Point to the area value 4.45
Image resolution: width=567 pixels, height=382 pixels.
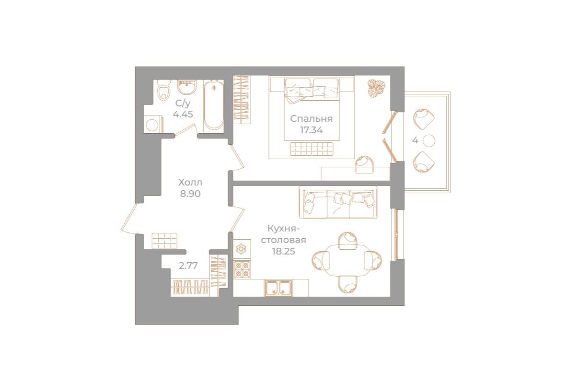pyautogui.click(x=183, y=115)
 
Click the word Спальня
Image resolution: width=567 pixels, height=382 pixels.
pyautogui.click(x=311, y=119)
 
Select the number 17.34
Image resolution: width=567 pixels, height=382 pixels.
pyautogui.click(x=311, y=130)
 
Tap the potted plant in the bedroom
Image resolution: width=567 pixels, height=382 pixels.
pyautogui.click(x=376, y=89)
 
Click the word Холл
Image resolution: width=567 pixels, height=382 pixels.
pyautogui.click(x=190, y=183)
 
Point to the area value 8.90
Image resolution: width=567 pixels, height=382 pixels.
pyautogui.click(x=190, y=194)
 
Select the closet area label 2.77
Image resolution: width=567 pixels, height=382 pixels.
pyautogui.click(x=188, y=266)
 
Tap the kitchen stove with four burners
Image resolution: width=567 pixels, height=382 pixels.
pyautogui.click(x=242, y=270)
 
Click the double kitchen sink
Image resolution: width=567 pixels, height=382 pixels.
pyautogui.click(x=278, y=288)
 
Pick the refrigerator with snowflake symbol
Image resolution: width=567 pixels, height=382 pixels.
pyautogui.click(x=242, y=249)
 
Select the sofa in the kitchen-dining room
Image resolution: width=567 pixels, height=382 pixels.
pyautogui.click(x=338, y=201)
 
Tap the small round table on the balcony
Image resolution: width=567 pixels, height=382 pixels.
pyautogui.click(x=429, y=140)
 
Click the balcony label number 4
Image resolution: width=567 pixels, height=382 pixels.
pyautogui.click(x=415, y=140)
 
